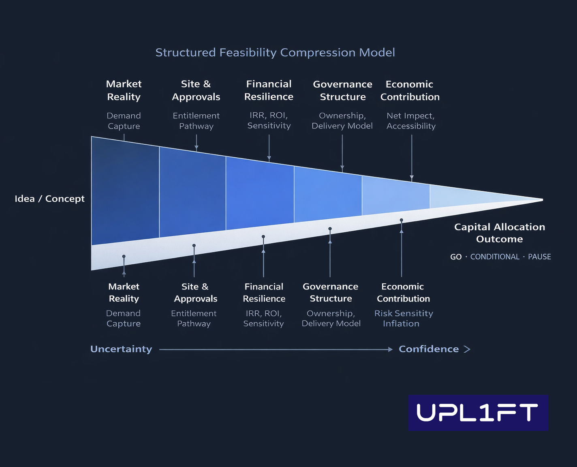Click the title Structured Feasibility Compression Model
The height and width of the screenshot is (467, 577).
[x=275, y=53]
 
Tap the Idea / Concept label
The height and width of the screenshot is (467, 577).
[x=49, y=199]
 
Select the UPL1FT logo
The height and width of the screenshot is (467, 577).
[x=478, y=413]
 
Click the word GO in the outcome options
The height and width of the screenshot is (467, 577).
[x=456, y=257]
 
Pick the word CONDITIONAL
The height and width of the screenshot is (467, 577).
[x=495, y=257]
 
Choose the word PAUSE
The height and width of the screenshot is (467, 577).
[x=539, y=257]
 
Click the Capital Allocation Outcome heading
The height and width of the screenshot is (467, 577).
[x=500, y=233]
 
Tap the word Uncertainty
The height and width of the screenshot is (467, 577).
[x=121, y=349]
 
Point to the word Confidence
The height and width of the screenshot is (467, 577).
[x=429, y=349]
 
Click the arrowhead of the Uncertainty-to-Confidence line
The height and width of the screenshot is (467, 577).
[x=390, y=349]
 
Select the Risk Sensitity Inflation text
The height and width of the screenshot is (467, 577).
[x=403, y=319]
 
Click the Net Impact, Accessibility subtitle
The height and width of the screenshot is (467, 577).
[x=411, y=121]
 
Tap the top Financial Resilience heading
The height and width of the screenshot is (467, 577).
[x=269, y=90]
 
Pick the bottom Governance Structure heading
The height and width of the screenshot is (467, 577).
[x=331, y=293]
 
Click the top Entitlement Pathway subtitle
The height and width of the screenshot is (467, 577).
[x=196, y=121]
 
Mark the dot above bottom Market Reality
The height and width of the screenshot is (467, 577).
[x=124, y=257]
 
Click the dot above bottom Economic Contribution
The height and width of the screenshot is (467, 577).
[x=402, y=220]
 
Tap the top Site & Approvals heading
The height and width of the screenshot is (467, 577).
[x=196, y=90]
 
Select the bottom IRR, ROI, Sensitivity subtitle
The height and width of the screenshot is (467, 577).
[x=264, y=319]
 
